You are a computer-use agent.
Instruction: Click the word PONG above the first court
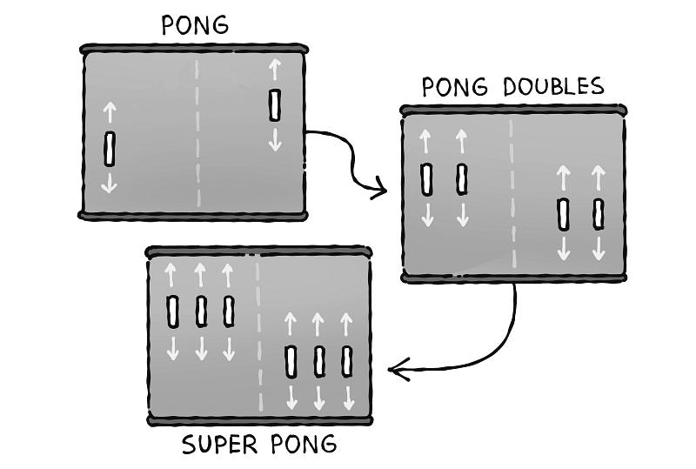195,25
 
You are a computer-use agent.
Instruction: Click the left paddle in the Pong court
110,149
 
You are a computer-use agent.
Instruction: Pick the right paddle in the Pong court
275,105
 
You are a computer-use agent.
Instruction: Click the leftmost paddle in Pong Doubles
426,178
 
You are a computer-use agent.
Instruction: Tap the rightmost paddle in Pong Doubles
599,214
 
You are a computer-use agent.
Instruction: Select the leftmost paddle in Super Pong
172,311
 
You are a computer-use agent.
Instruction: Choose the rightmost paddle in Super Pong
347,360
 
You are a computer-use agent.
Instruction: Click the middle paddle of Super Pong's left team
201,311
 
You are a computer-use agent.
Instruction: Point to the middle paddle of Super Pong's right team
319,360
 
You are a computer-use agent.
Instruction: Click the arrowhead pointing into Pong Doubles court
379,188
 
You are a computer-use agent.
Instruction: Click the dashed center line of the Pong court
197,131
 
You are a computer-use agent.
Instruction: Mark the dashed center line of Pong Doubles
512,191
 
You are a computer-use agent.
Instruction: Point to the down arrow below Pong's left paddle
110,182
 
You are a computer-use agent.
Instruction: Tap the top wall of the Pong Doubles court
513,111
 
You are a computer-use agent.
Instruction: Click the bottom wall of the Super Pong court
259,420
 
